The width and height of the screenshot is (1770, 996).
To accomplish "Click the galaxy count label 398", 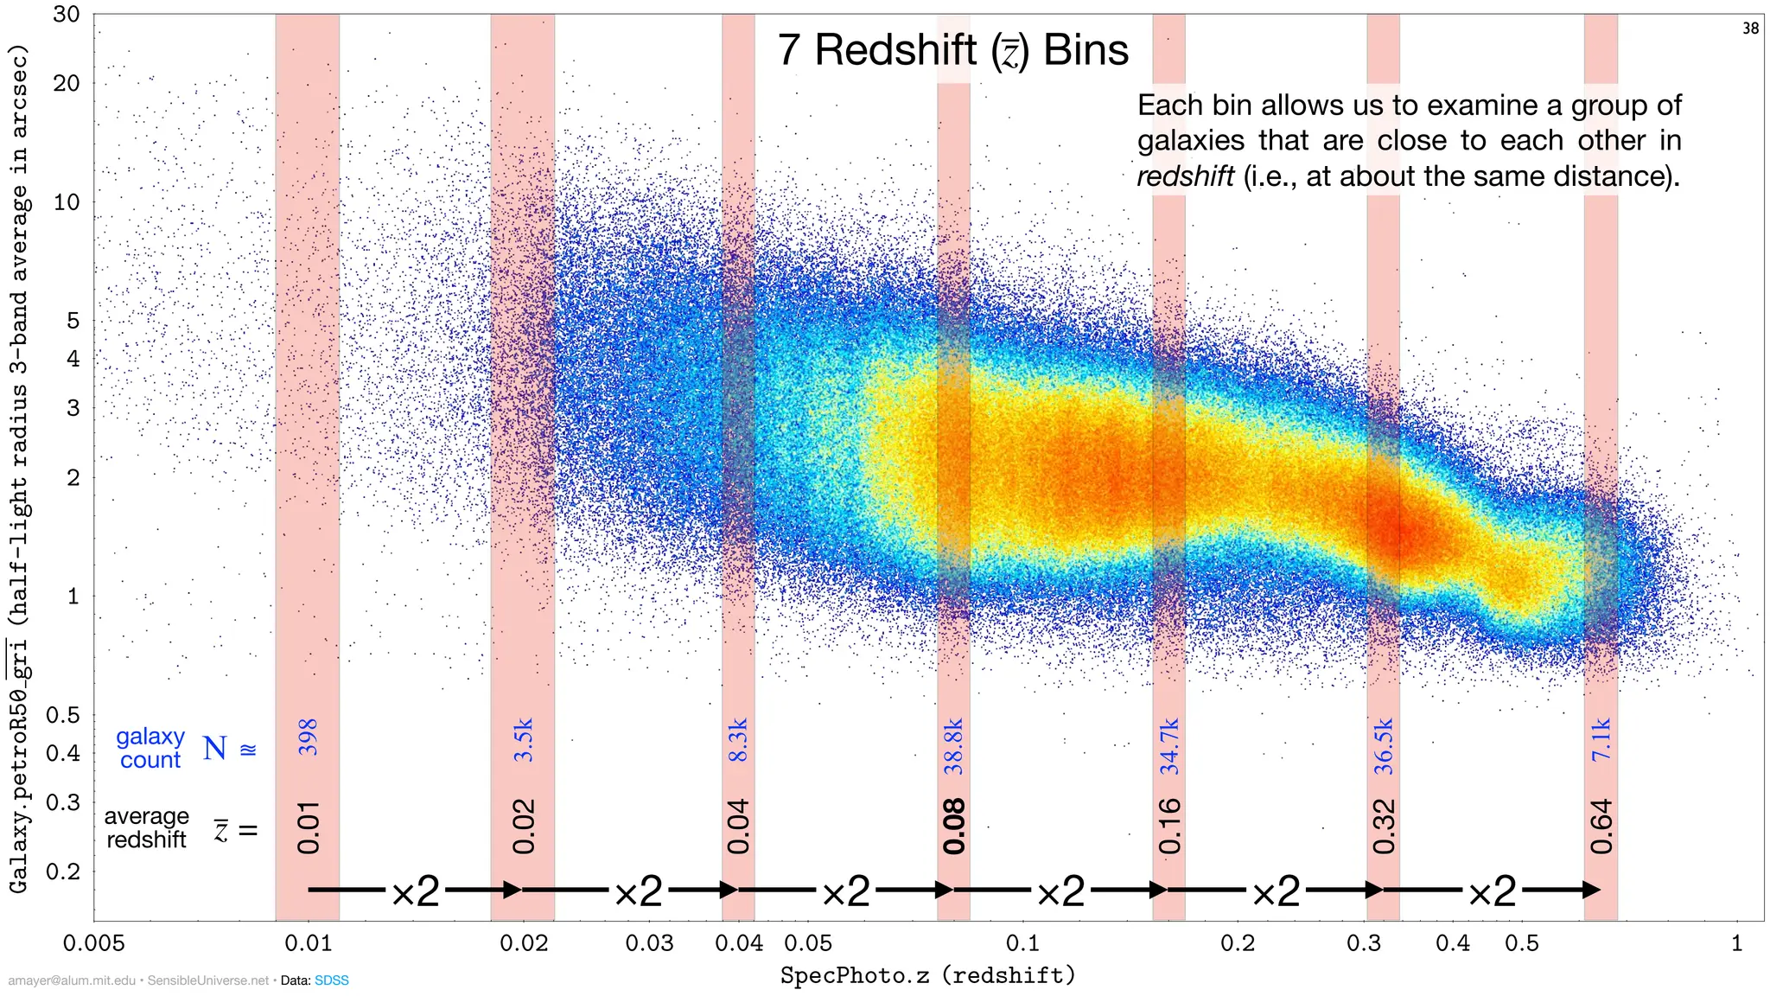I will tap(308, 737).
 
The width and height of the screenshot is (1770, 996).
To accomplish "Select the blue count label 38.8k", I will tap(953, 745).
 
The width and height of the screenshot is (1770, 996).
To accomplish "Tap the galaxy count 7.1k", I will tap(1601, 739).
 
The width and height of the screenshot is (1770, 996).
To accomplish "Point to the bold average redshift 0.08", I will tap(953, 827).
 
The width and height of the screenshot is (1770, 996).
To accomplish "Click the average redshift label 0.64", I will tap(1601, 827).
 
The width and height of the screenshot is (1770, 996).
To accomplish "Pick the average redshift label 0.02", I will tap(523, 827).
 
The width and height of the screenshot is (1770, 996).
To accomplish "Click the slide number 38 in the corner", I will tap(1750, 29).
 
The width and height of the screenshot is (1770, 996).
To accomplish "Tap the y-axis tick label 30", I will tap(66, 15).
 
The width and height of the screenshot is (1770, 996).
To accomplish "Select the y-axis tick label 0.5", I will tap(62, 715).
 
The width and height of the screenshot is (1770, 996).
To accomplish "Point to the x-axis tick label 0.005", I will tap(93, 943).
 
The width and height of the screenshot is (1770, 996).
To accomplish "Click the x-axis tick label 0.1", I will tap(1022, 943).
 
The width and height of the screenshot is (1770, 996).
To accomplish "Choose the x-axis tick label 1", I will tap(1736, 943).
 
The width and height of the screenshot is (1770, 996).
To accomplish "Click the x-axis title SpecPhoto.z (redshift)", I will tap(927, 976).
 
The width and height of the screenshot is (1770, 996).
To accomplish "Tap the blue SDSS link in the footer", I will tap(331, 980).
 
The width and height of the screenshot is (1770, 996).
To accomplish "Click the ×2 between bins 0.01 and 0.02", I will tap(415, 891).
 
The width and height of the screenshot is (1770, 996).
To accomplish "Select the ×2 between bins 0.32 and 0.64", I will tap(1492, 891).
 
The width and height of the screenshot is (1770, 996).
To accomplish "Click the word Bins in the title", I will tap(1086, 49).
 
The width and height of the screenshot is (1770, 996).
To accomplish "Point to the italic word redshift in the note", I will tap(1185, 176).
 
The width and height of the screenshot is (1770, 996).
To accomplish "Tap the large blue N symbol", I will tap(215, 748).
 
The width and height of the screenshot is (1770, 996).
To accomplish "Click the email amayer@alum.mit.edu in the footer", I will tap(72, 980).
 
